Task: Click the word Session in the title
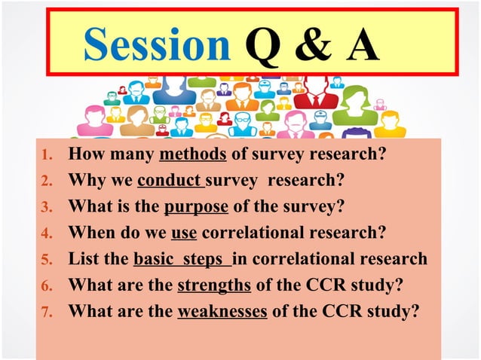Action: point(156,44)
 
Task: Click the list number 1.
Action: point(45,156)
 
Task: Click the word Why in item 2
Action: point(84,182)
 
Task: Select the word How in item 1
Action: point(84,155)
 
